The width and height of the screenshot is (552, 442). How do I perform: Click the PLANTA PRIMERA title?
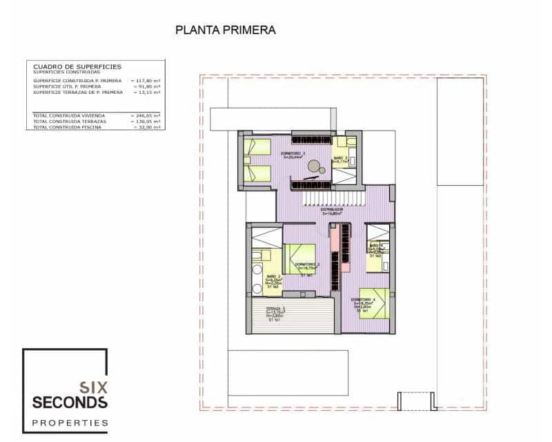(x=226, y=30)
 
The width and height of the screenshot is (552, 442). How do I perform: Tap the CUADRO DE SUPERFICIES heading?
(x=77, y=66)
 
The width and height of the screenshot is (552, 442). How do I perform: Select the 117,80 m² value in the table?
(x=146, y=81)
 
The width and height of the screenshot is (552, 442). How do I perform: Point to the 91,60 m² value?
(x=147, y=86)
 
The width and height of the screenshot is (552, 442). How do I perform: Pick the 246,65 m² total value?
(x=146, y=115)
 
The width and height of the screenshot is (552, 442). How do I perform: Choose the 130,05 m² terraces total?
(x=146, y=121)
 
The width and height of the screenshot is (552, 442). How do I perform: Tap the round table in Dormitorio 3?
(x=315, y=166)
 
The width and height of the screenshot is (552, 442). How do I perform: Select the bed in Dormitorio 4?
(x=374, y=302)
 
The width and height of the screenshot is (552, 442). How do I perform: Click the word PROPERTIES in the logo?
(x=70, y=422)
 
